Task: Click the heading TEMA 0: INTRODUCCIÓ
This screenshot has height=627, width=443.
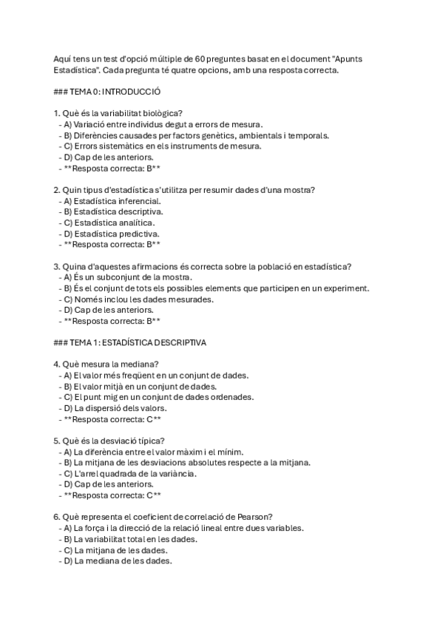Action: coord(108,92)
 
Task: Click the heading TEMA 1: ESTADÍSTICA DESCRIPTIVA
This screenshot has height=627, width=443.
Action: coord(130,343)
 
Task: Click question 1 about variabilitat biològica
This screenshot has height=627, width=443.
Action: coord(118,113)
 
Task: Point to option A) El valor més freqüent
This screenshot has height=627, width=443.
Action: coord(155,375)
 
